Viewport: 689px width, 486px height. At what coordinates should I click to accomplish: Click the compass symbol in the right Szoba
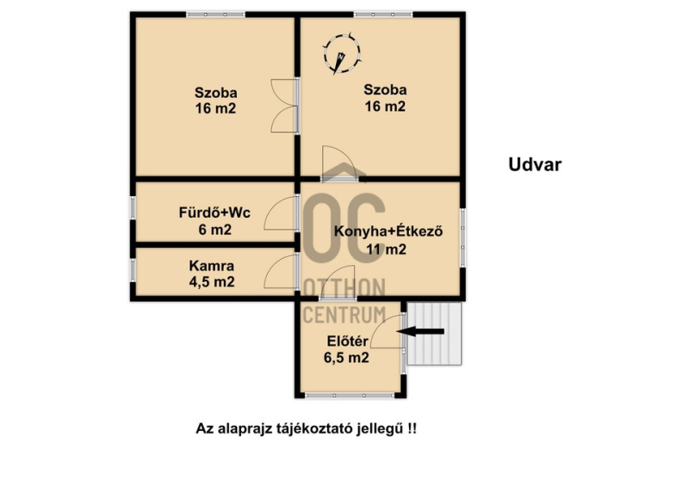coord(342,53)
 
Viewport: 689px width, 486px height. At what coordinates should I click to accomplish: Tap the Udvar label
coord(535,164)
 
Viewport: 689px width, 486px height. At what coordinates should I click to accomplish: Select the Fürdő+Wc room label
coord(214,213)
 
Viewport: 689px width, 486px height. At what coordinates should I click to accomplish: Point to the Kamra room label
coord(211,266)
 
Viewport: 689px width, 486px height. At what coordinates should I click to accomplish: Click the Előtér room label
coord(347,341)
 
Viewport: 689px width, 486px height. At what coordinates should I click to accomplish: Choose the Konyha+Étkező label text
coord(388,231)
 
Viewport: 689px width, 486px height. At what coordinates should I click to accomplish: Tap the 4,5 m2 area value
coord(212,282)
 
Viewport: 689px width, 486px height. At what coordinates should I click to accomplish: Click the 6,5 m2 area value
coord(346,358)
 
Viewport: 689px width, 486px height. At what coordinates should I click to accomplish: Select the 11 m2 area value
coord(386,249)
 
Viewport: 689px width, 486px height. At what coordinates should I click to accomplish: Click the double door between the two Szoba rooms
coord(285,106)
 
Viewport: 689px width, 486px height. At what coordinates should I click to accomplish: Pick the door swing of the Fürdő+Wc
coord(282,213)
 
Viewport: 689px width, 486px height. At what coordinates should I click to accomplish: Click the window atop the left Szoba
coord(215,15)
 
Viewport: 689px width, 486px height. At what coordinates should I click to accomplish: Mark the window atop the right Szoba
coord(383,15)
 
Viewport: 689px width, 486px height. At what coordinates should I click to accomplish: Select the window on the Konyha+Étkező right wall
coord(462,237)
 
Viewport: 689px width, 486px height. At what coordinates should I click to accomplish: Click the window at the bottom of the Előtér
coord(350,396)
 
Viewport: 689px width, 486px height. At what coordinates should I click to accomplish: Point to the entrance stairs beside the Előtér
coord(434,334)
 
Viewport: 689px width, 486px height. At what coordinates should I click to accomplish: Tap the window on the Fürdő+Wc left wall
coord(133,208)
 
